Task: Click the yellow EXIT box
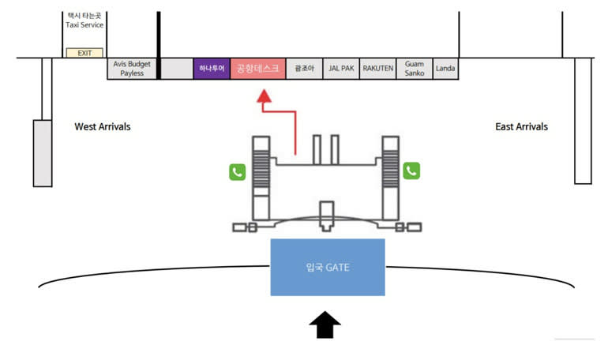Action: pyautogui.click(x=84, y=52)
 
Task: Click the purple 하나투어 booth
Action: pyautogui.click(x=212, y=69)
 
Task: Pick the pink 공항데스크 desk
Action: pyautogui.click(x=258, y=69)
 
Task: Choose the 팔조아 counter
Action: pyautogui.click(x=305, y=69)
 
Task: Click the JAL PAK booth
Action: pyautogui.click(x=342, y=69)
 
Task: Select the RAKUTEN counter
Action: pyautogui.click(x=378, y=69)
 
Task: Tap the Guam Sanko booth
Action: pyautogui.click(x=415, y=69)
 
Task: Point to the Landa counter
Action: pyautogui.click(x=445, y=69)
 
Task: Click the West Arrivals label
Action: pyautogui.click(x=103, y=126)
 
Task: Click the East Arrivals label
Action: pyautogui.click(x=521, y=126)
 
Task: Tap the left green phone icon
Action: pyautogui.click(x=237, y=171)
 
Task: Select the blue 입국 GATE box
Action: pyautogui.click(x=328, y=267)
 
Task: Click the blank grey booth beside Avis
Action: pyautogui.click(x=177, y=69)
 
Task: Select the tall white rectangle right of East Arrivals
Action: pyautogui.click(x=583, y=120)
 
